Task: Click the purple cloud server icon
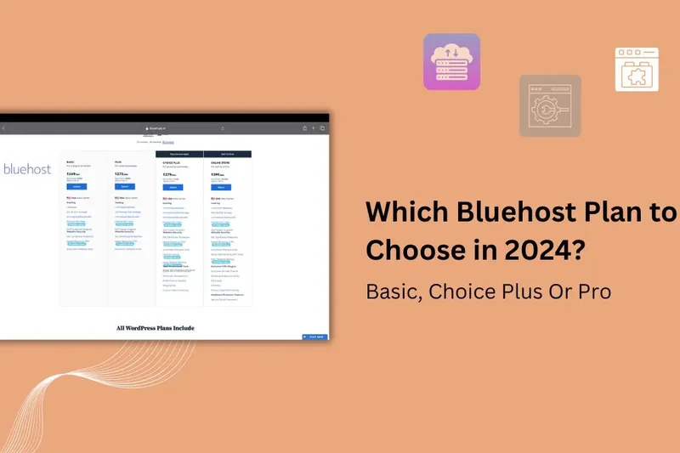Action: pos(451,61)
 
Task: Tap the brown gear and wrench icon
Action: pos(550,105)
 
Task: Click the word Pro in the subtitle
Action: pos(595,291)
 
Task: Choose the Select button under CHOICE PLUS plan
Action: pos(173,187)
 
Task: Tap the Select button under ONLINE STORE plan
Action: pos(221,187)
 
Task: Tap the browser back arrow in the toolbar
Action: pos(3,128)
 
